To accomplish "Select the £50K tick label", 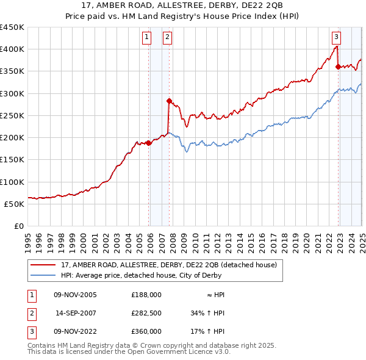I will [x=14, y=204].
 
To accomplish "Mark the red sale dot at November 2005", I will [x=149, y=143].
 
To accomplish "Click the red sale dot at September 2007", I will [x=170, y=101].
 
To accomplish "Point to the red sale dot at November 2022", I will [x=339, y=67].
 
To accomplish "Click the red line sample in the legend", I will [x=44, y=265].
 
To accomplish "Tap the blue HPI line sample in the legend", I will [x=44, y=275].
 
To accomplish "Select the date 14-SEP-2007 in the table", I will [x=76, y=313].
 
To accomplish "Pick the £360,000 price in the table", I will [x=146, y=331].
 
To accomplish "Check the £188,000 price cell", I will [x=146, y=295].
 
